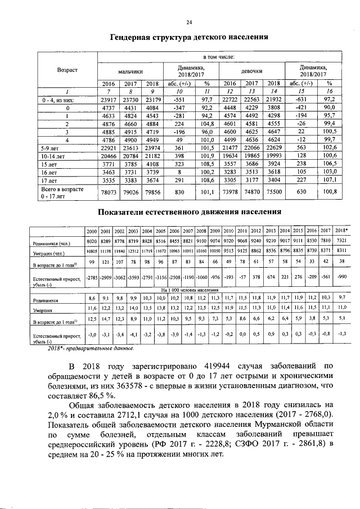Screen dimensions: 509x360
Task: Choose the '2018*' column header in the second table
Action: click(x=341, y=231)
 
